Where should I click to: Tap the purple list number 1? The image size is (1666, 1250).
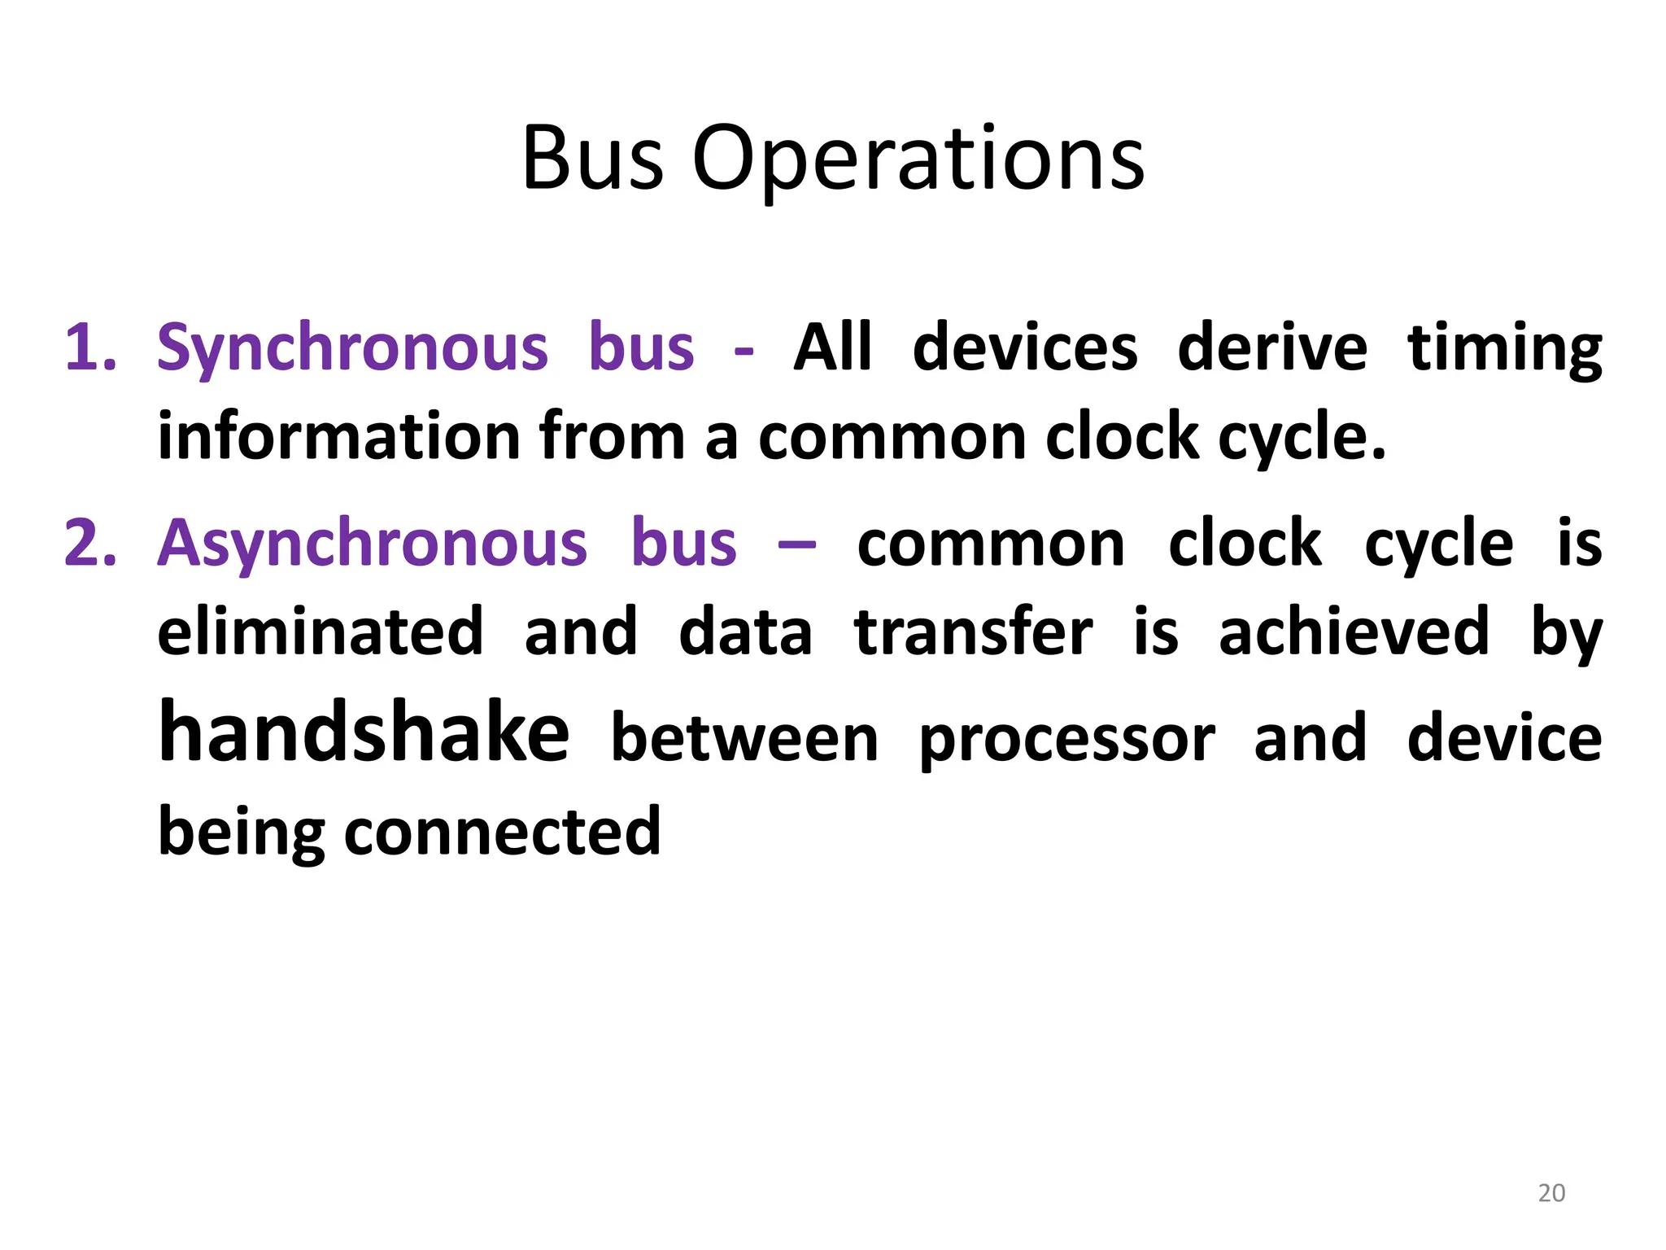(x=89, y=348)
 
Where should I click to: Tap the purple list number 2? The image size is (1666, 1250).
(x=90, y=544)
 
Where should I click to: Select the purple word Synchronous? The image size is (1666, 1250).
(x=352, y=348)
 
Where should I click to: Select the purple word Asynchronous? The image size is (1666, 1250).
(x=372, y=544)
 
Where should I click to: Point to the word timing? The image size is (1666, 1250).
(x=1504, y=348)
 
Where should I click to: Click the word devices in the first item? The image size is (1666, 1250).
(x=1025, y=348)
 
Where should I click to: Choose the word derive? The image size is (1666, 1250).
(x=1272, y=348)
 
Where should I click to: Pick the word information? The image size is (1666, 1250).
(x=338, y=437)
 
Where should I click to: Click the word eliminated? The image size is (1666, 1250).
(x=321, y=632)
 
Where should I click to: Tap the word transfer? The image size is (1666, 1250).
(x=974, y=632)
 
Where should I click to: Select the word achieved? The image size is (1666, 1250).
(x=1354, y=632)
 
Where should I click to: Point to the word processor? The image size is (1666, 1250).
(x=1066, y=739)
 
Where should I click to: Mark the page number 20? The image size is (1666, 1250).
(x=1551, y=1193)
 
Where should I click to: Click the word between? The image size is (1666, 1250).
(x=744, y=739)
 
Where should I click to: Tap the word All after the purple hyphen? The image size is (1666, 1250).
(x=832, y=348)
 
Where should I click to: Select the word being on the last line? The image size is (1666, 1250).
(x=241, y=833)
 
